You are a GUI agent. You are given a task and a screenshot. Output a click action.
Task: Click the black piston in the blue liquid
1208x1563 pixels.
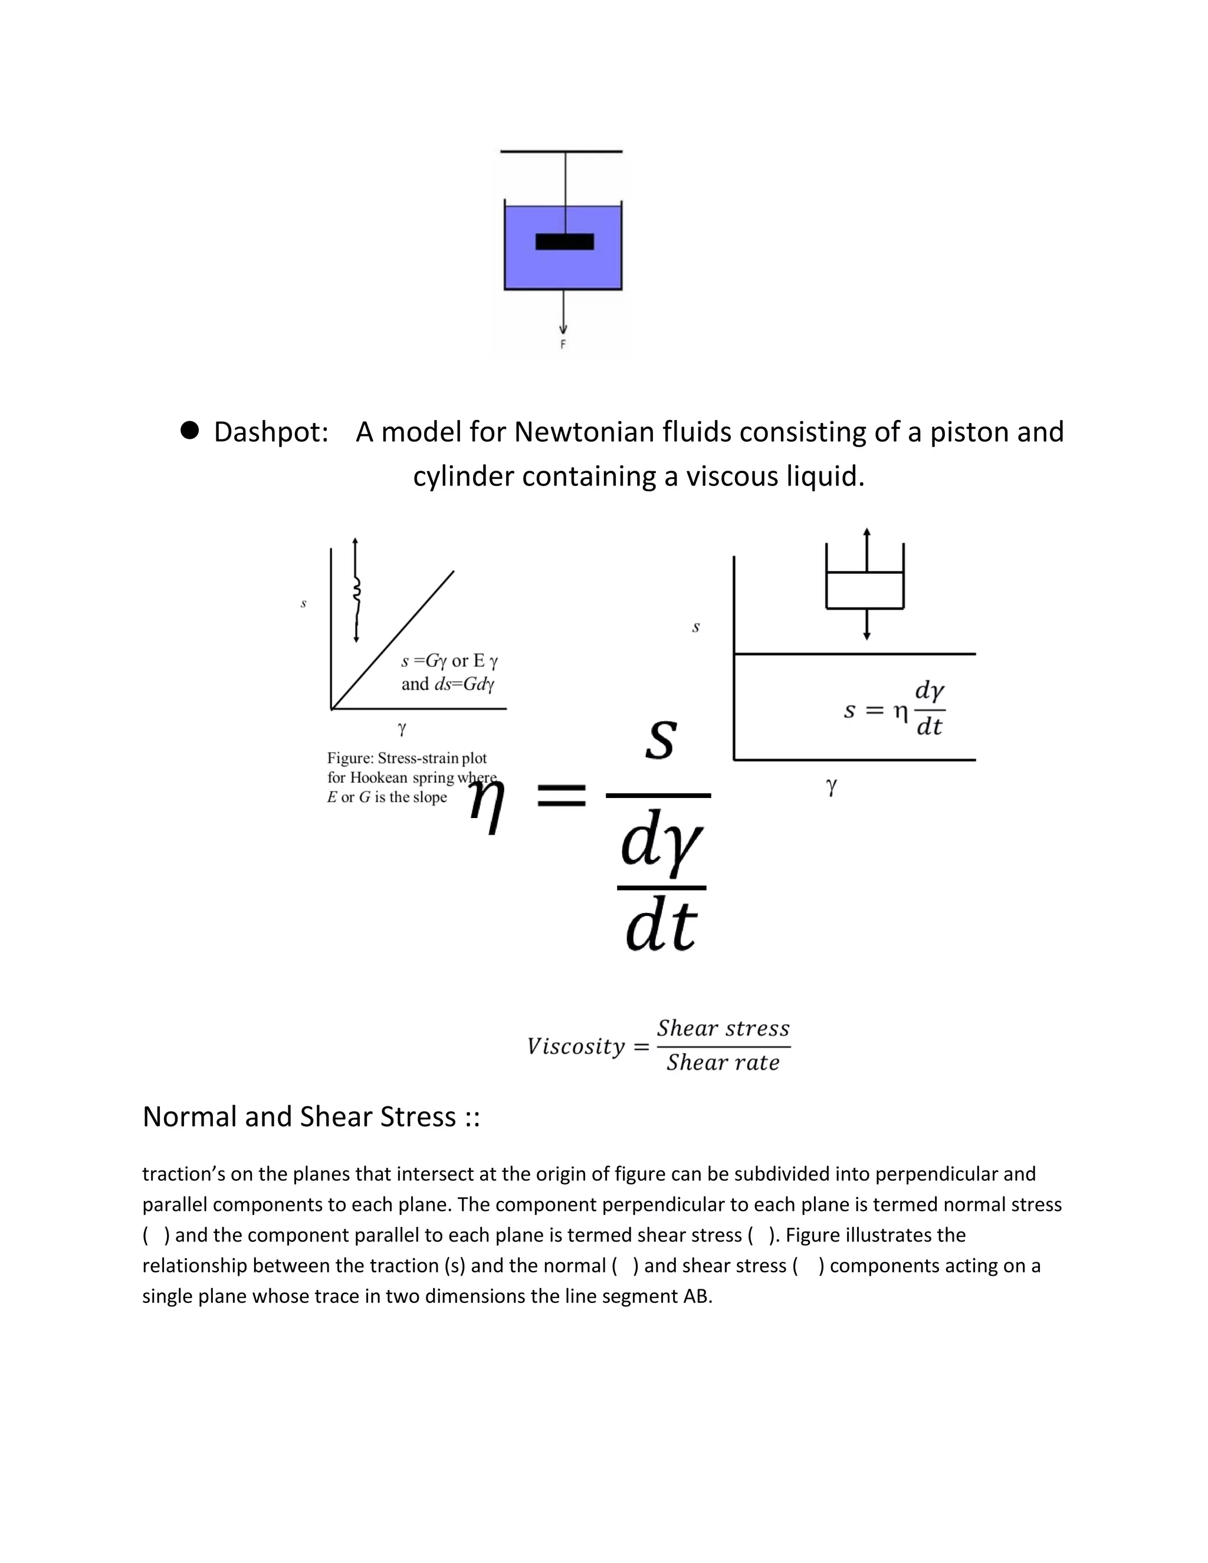pyautogui.click(x=564, y=242)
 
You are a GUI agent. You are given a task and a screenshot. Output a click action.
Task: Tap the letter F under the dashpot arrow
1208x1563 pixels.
pyautogui.click(x=563, y=344)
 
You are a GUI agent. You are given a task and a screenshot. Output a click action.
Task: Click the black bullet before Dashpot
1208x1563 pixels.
pyautogui.click(x=190, y=430)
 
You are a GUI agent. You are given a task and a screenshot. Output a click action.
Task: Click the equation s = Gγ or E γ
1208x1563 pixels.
pyautogui.click(x=449, y=661)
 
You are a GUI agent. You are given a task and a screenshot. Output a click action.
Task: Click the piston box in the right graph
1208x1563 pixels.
pyautogui.click(x=865, y=590)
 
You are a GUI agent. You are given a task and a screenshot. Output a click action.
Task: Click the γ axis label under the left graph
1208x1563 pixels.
pyautogui.click(x=402, y=728)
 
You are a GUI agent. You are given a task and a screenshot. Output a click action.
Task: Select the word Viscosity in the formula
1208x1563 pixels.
pyautogui.click(x=576, y=1046)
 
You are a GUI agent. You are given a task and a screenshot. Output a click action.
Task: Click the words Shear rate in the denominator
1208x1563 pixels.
pyautogui.click(x=723, y=1063)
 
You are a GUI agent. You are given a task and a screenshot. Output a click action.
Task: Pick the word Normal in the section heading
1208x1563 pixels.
pyautogui.click(x=190, y=1117)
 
